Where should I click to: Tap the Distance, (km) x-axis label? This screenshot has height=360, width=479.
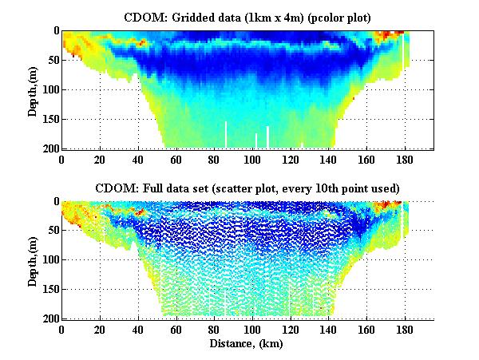coord(247,344)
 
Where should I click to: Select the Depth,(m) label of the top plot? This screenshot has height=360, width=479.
coord(34,89)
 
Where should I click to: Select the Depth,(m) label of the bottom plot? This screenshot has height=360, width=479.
coord(34,260)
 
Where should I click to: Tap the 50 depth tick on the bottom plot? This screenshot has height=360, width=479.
coord(51,231)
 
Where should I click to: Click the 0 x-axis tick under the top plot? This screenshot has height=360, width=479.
coord(61,159)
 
